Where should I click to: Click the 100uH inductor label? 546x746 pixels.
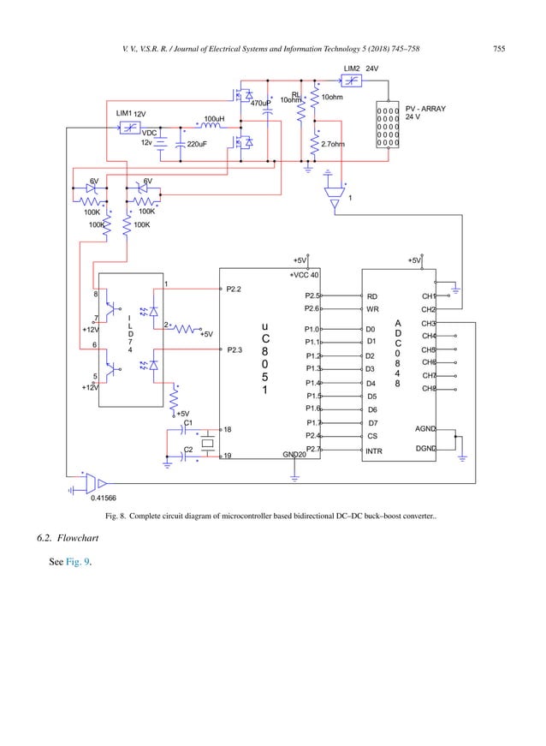[213, 119]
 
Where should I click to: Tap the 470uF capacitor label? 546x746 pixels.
[260, 104]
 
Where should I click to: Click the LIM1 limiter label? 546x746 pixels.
[124, 113]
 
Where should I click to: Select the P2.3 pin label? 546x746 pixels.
[235, 349]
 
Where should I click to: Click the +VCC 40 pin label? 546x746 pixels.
[304, 276]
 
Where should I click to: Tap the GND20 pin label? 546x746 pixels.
[294, 456]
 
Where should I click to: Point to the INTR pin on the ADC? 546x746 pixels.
[373, 451]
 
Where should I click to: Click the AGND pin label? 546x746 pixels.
[425, 428]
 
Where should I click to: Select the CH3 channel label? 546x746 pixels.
[429, 323]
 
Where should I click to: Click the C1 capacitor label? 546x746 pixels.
[188, 422]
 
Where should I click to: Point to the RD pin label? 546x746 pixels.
[372, 295]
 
